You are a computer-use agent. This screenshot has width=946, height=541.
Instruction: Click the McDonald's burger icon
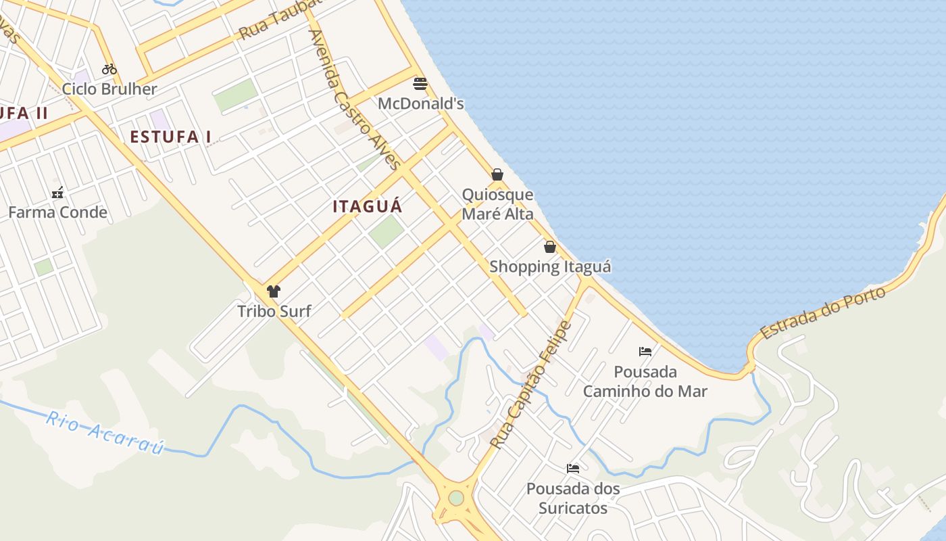420,84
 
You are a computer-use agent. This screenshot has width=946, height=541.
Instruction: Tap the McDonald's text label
420,104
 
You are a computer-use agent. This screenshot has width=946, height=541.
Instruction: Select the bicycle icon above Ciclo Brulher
109,68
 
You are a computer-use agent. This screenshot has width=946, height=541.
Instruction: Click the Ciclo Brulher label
109,89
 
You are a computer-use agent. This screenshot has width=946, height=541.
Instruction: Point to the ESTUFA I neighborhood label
170,137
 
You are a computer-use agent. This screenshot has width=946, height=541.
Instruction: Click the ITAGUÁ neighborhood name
367,206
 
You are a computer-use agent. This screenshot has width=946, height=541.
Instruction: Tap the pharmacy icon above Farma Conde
57,193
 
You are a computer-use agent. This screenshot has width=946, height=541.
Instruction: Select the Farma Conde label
57,212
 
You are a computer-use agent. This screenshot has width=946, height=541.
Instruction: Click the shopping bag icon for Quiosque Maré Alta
497,174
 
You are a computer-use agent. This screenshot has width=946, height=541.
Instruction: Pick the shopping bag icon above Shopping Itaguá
550,247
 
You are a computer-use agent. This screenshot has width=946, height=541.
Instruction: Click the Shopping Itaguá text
550,266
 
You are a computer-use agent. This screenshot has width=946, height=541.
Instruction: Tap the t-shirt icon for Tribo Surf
273,291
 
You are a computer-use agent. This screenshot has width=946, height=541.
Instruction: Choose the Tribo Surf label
274,311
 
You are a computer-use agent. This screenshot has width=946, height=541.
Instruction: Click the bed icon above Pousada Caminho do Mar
645,352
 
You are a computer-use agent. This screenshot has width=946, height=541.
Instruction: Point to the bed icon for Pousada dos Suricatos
573,468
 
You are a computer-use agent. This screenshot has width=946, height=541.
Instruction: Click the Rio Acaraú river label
105,433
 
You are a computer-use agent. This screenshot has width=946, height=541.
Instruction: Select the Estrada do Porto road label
822,313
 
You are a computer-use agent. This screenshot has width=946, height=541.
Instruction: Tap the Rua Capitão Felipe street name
531,385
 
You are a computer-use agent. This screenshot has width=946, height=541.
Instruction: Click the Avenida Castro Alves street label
354,99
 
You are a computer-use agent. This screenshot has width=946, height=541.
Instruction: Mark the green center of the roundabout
456,498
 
